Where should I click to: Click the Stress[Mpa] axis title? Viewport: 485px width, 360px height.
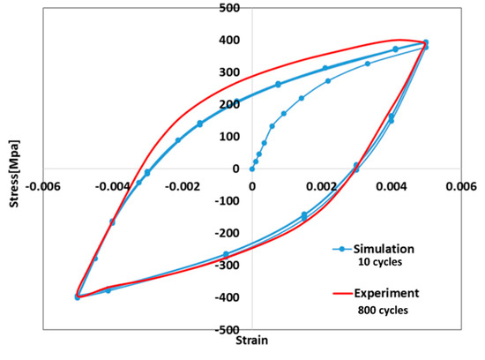click(10, 168)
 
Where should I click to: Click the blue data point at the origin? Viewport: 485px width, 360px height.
click(251, 169)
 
